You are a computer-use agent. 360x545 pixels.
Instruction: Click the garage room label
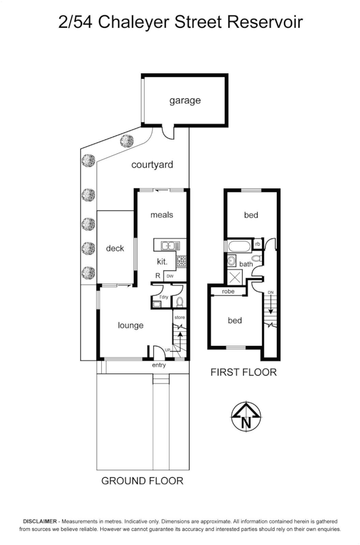click(x=184, y=101)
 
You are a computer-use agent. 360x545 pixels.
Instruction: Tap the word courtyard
click(x=152, y=165)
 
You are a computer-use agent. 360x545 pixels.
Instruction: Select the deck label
click(x=115, y=249)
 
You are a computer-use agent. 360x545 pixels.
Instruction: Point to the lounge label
click(x=130, y=325)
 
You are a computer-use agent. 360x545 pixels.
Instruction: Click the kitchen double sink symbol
click(x=169, y=245)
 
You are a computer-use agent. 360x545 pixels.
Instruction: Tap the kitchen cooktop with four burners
click(x=181, y=261)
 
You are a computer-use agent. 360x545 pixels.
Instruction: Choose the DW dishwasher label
click(x=169, y=277)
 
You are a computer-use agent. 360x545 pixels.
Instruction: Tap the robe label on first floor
click(x=228, y=292)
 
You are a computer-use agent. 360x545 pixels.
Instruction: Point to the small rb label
click(x=257, y=244)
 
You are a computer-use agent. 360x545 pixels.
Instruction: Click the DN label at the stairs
click(x=270, y=293)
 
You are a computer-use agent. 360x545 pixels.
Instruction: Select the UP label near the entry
click(x=167, y=350)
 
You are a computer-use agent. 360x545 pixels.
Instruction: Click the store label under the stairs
click(x=179, y=317)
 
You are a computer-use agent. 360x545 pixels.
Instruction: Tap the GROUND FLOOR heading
click(x=142, y=481)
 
